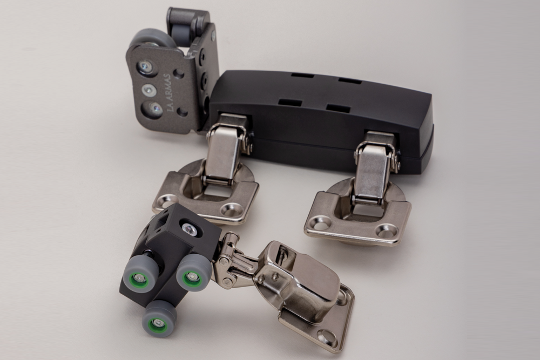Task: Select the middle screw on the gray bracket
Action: tap(148, 90)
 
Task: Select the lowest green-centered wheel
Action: tap(159, 321)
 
